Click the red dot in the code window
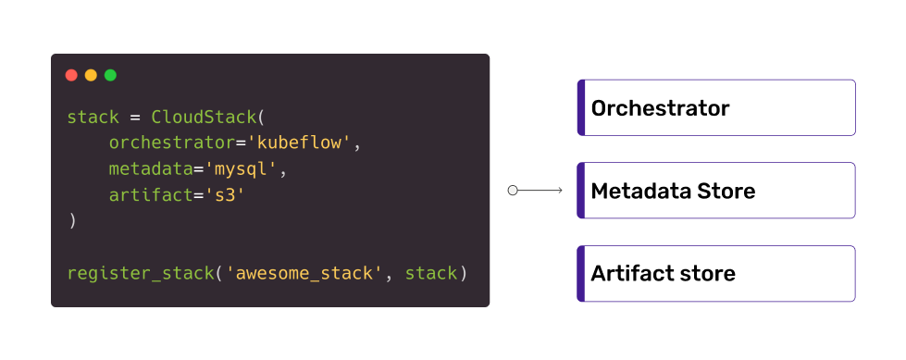coord(71,75)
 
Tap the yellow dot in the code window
coord(91,75)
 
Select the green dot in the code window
coord(110,75)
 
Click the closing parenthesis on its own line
coord(71,221)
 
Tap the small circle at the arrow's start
coord(513,191)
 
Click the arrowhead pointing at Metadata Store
coord(559,191)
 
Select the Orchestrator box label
coord(660,108)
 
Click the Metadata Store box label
coord(673,192)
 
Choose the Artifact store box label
coord(663,274)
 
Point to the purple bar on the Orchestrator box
coord(581,108)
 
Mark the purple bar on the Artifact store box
coord(581,274)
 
